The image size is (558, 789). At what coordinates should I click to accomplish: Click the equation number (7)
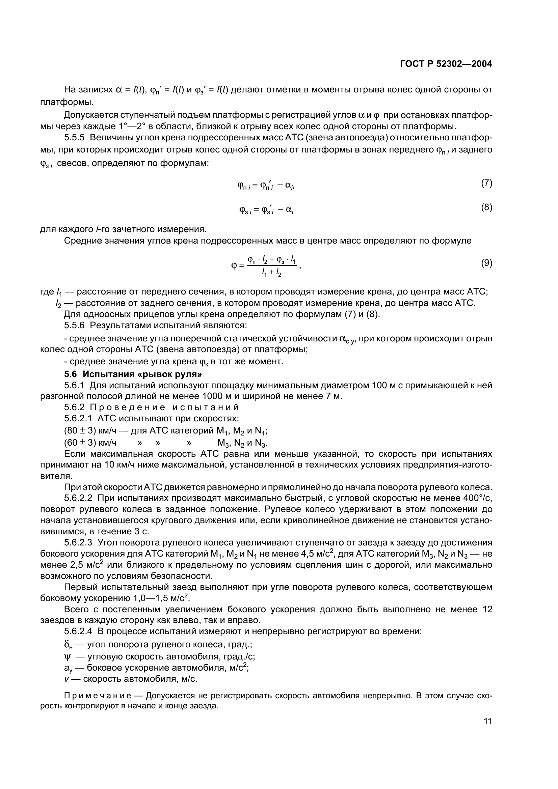[486, 183]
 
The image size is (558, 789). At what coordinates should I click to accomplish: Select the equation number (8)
[486, 207]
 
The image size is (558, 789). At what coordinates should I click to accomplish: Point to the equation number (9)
[486, 263]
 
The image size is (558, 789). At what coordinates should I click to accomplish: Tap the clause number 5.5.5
[74, 138]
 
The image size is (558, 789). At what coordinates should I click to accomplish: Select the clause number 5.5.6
[74, 325]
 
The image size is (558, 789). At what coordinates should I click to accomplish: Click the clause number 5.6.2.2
[78, 498]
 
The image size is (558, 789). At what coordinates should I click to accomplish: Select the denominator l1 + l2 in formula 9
[271, 274]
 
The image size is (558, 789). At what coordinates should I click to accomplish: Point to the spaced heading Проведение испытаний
[164, 407]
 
